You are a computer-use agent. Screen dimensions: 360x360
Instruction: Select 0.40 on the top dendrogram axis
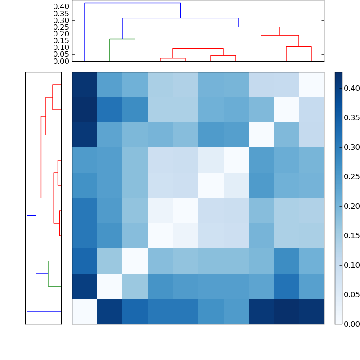[61, 7]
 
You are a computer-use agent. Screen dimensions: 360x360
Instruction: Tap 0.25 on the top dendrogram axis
[61, 27]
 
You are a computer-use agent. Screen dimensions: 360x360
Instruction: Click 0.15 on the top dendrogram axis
[61, 40]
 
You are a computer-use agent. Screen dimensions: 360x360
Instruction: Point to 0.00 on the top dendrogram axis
[61, 61]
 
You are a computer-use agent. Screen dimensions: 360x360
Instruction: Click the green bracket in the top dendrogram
[122, 39]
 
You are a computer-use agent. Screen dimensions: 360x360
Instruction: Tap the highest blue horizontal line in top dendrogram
[132, 3]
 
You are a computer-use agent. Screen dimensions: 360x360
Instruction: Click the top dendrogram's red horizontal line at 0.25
[239, 27]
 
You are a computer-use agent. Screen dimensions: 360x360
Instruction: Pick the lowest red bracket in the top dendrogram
[173, 58]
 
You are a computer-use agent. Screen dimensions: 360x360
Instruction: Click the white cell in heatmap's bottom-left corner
[85, 311]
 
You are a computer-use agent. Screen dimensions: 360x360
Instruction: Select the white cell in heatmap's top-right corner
[311, 85]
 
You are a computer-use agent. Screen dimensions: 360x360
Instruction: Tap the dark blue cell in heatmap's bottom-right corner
[311, 311]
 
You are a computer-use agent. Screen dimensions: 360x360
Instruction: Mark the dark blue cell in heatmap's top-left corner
[85, 85]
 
